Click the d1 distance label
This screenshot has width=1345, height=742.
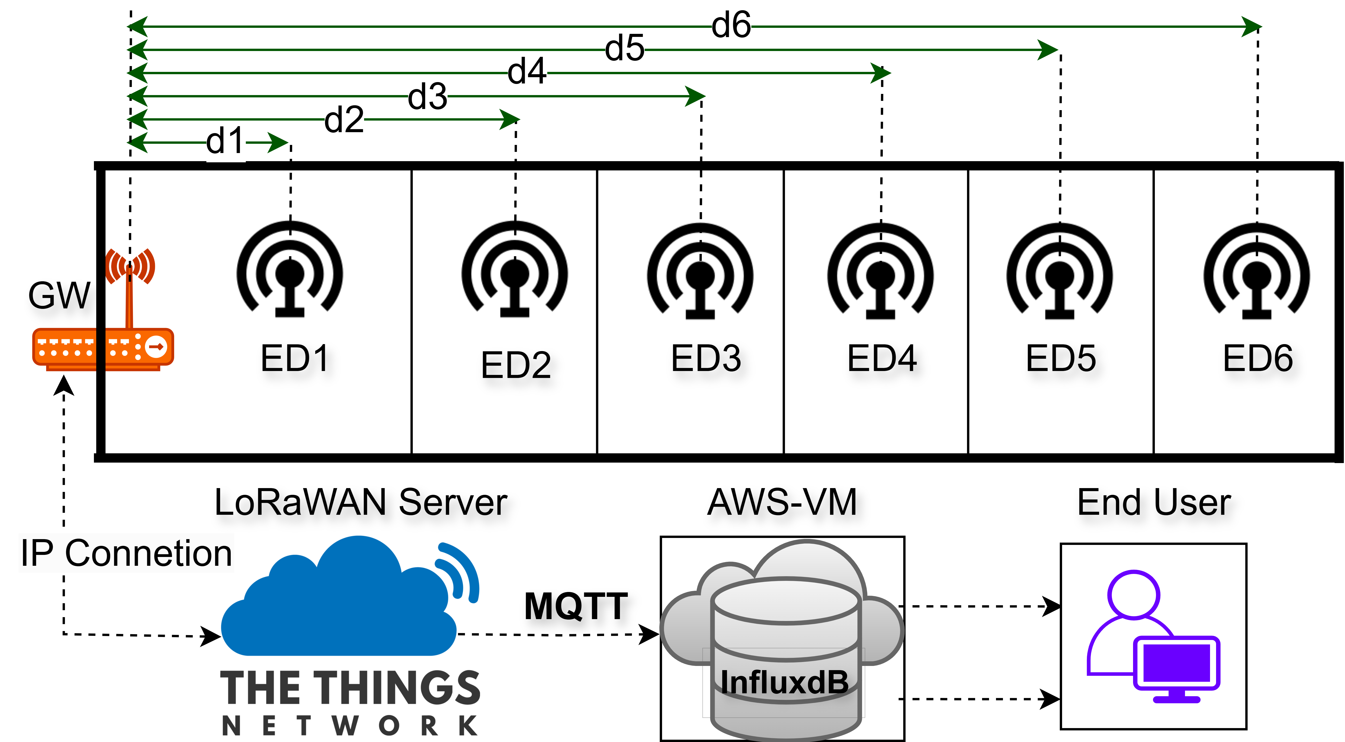pyautogui.click(x=225, y=141)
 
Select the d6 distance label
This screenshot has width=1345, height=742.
pyautogui.click(x=731, y=25)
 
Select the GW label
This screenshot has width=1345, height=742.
pyautogui.click(x=60, y=296)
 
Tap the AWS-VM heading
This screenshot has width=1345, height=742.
pyautogui.click(x=782, y=502)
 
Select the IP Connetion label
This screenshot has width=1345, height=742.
pyautogui.click(x=126, y=553)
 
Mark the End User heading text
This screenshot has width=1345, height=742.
pyautogui.click(x=1154, y=502)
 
